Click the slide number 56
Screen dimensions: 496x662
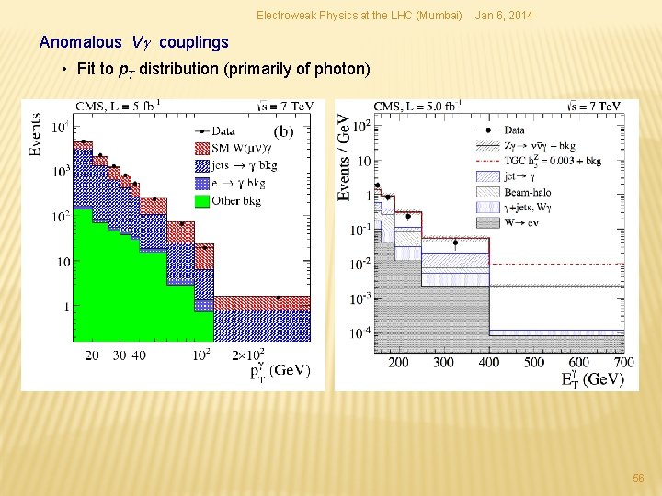pos(638,479)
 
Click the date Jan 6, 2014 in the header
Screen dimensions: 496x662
pos(502,16)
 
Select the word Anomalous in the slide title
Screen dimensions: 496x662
pos(80,42)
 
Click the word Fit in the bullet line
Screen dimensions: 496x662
pos(88,69)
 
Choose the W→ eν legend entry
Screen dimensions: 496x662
pos(526,222)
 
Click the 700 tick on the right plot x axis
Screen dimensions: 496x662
pos(623,362)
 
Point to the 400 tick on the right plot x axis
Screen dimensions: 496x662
pos(489,362)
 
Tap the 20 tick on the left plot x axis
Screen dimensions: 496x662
pos(92,355)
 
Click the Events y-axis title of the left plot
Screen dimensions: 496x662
pos(35,134)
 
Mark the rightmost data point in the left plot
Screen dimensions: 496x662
pos(279,297)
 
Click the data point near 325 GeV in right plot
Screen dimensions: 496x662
pos(455,243)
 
